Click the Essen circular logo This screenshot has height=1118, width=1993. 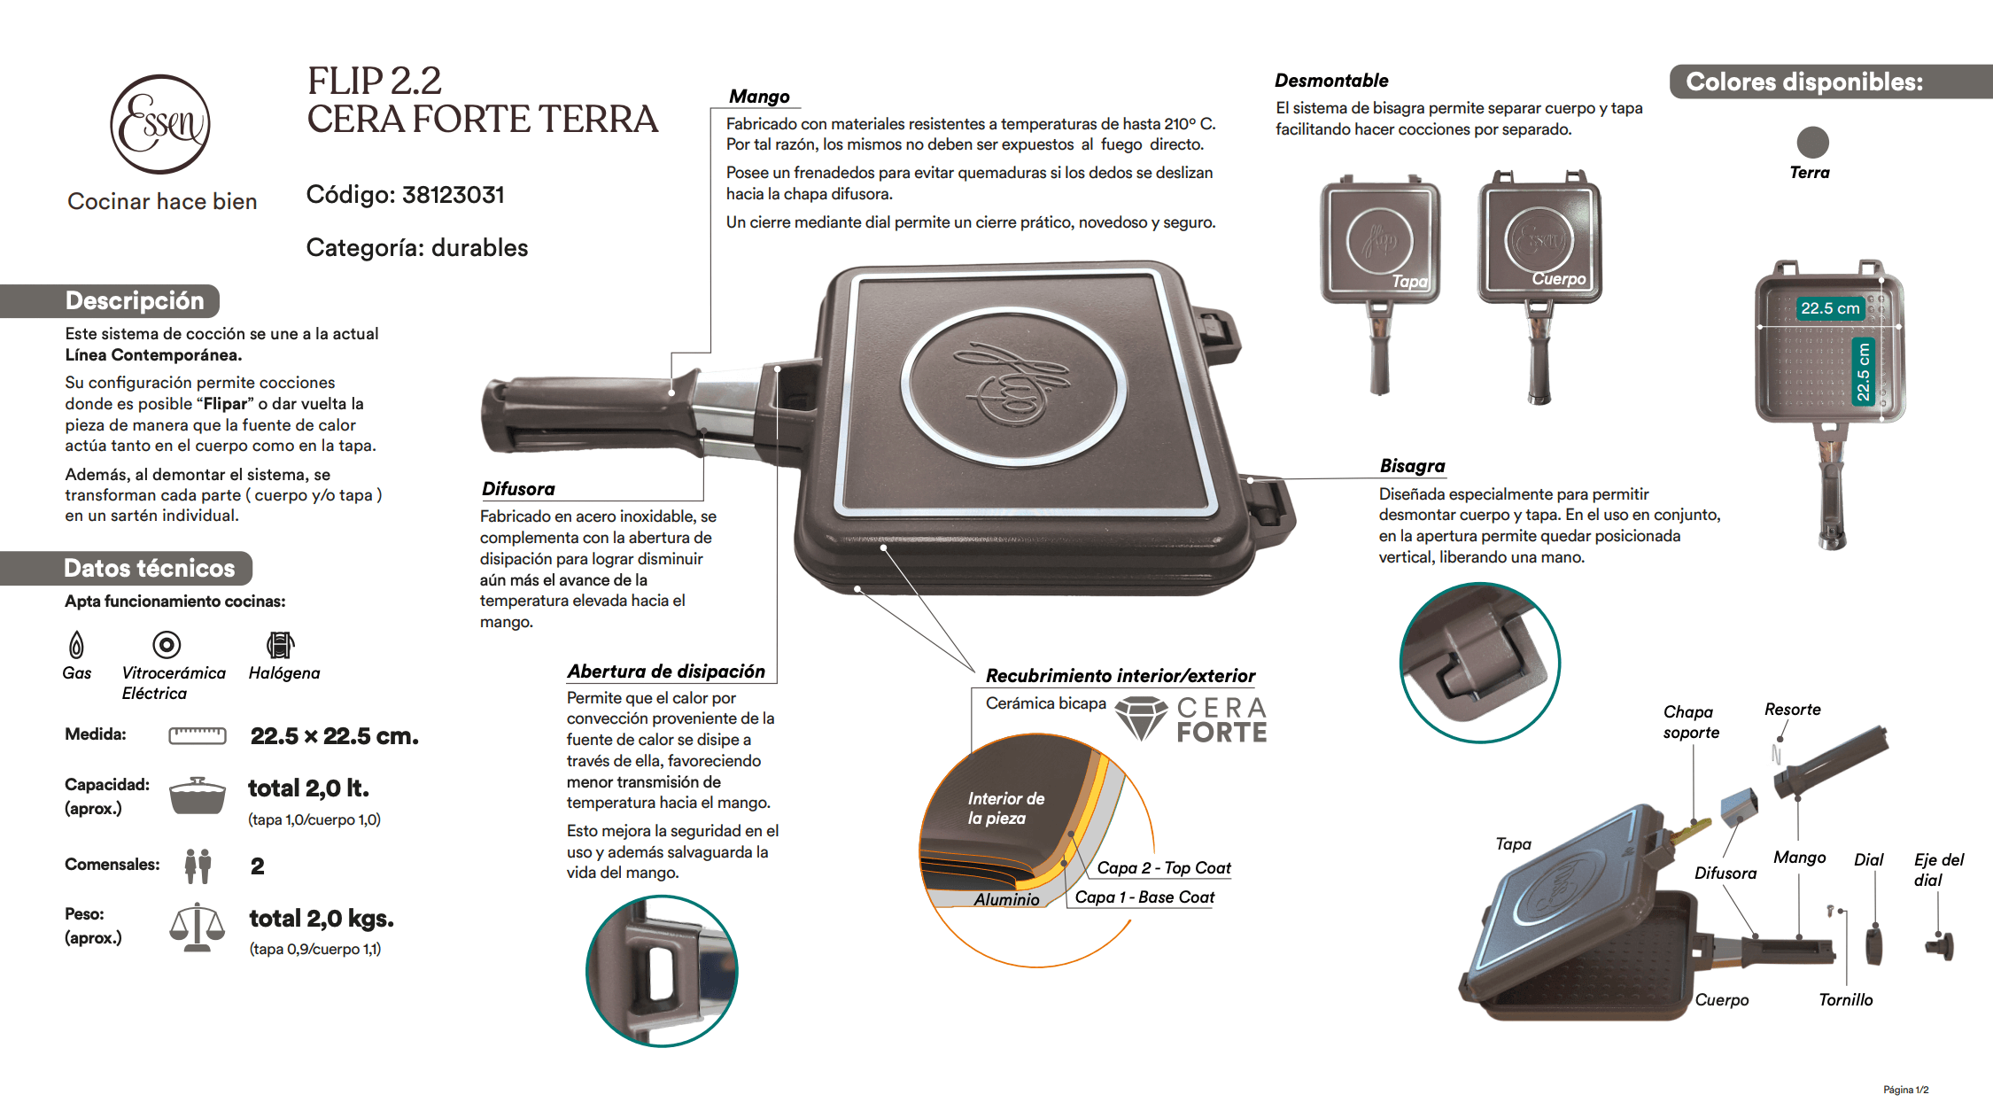click(160, 124)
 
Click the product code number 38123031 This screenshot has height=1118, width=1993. click(453, 195)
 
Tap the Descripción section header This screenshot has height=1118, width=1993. click(135, 301)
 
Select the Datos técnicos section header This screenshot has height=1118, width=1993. click(149, 569)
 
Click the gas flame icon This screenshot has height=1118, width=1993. click(77, 645)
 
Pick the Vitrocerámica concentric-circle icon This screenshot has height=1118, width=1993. click(167, 645)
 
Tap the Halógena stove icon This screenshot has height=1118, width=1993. click(280, 645)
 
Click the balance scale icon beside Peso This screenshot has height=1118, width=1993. click(197, 928)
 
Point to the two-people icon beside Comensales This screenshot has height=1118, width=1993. click(198, 866)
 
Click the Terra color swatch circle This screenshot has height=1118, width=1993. click(1812, 143)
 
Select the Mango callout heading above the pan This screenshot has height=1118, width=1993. click(759, 97)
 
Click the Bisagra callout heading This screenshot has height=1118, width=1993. click(1412, 466)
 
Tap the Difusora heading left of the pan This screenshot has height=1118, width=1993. click(518, 489)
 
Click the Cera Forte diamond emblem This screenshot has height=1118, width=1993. click(1141, 718)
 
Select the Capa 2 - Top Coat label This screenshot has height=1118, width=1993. click(1163, 868)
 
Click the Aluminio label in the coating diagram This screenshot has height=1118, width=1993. click(1006, 899)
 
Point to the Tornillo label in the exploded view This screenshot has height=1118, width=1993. click(1845, 1000)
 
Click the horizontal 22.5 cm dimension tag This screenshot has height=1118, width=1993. click(1830, 308)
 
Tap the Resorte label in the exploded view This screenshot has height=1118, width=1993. click(1792, 710)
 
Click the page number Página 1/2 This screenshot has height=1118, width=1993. click(1905, 1090)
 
